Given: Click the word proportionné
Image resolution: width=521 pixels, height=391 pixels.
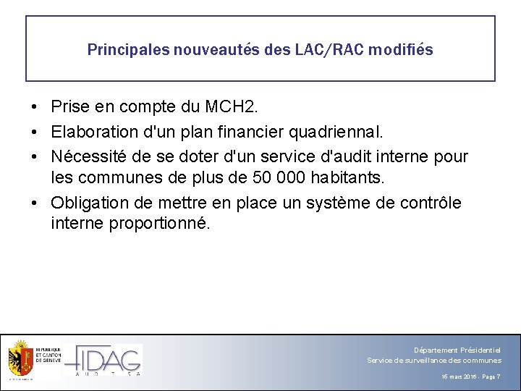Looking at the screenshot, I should click(x=159, y=223).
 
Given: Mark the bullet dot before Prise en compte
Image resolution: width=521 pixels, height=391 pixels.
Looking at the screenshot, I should click(x=35, y=108).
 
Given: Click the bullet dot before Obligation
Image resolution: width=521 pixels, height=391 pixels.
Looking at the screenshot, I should click(x=35, y=203).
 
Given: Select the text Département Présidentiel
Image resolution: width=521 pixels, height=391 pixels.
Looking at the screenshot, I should click(x=457, y=350).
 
